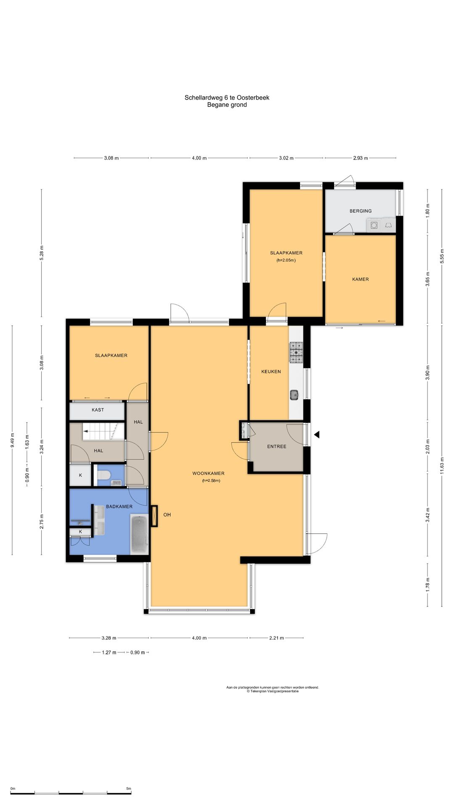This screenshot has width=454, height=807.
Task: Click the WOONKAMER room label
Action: point(209,473)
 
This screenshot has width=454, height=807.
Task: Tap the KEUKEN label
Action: point(271,372)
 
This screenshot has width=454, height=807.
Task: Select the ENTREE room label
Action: point(277,446)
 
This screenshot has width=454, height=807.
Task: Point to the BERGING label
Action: point(361,211)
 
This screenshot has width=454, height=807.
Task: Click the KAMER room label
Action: point(361,279)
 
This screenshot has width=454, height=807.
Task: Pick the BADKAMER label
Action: point(119,506)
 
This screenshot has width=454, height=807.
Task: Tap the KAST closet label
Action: point(98,410)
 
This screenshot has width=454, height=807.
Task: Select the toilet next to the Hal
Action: point(103,475)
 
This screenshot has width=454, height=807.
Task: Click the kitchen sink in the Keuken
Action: point(294,395)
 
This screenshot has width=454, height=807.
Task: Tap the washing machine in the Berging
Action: point(374,225)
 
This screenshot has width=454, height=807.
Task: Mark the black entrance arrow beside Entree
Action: point(317,435)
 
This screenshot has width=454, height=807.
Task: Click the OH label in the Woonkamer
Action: point(167,515)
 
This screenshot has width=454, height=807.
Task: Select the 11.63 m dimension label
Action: point(442,465)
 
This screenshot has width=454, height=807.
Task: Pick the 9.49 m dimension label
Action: point(12,440)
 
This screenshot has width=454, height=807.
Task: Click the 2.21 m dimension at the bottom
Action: point(277,638)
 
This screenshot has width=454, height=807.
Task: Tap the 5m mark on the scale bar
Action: point(129,789)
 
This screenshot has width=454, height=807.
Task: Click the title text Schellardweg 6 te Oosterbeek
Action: point(227,98)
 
